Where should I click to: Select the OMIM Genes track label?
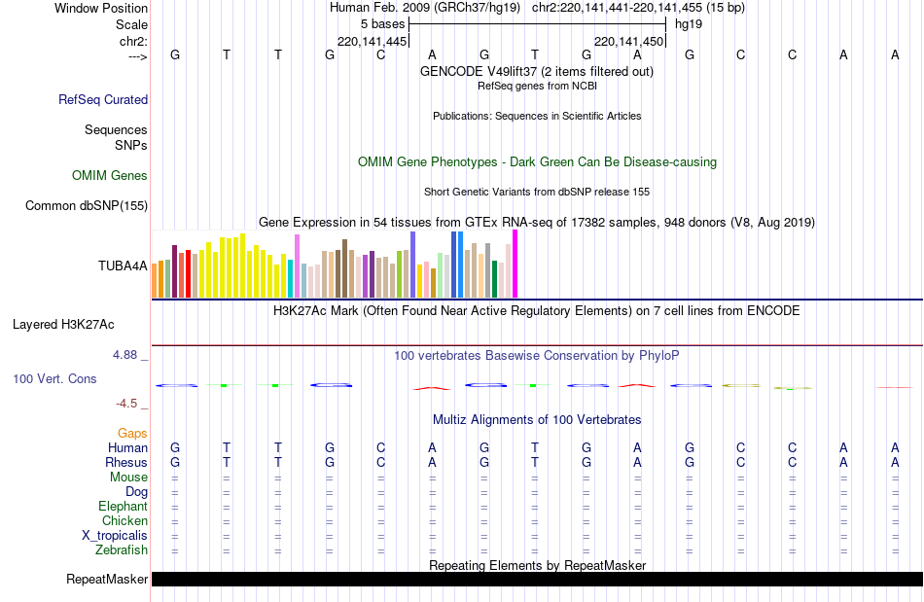click(110, 176)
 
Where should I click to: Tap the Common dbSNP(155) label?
click(87, 205)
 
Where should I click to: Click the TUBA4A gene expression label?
click(123, 266)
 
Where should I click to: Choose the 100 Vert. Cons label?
click(54, 378)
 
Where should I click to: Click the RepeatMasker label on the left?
click(107, 580)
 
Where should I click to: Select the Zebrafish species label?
click(122, 550)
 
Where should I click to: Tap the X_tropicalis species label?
click(115, 536)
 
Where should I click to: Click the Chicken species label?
click(124, 521)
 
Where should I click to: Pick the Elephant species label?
click(123, 507)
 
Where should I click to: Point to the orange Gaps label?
click(132, 433)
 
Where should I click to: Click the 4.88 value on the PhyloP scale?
click(125, 355)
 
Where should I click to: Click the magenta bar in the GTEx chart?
click(515, 265)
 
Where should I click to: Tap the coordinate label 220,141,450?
click(628, 42)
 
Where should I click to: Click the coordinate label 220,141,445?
click(372, 42)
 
